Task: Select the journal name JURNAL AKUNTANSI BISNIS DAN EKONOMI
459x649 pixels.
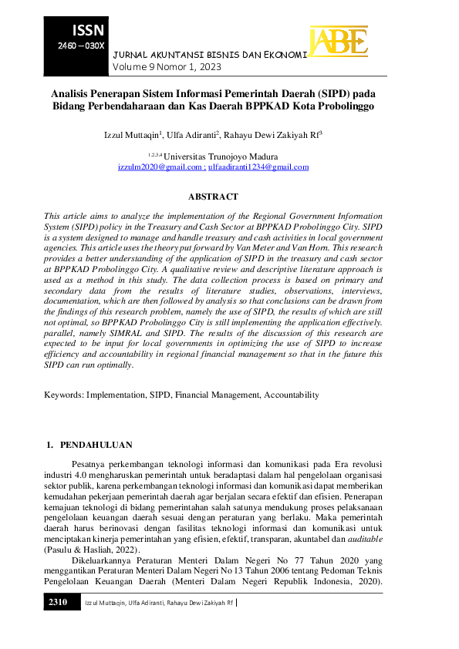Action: pos(210,55)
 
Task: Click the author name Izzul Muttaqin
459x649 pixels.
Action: pos(132,135)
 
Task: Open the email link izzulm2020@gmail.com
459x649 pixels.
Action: pos(160,166)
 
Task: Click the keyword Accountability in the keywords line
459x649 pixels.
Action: pos(291,394)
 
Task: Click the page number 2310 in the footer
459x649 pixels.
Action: pos(59,601)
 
